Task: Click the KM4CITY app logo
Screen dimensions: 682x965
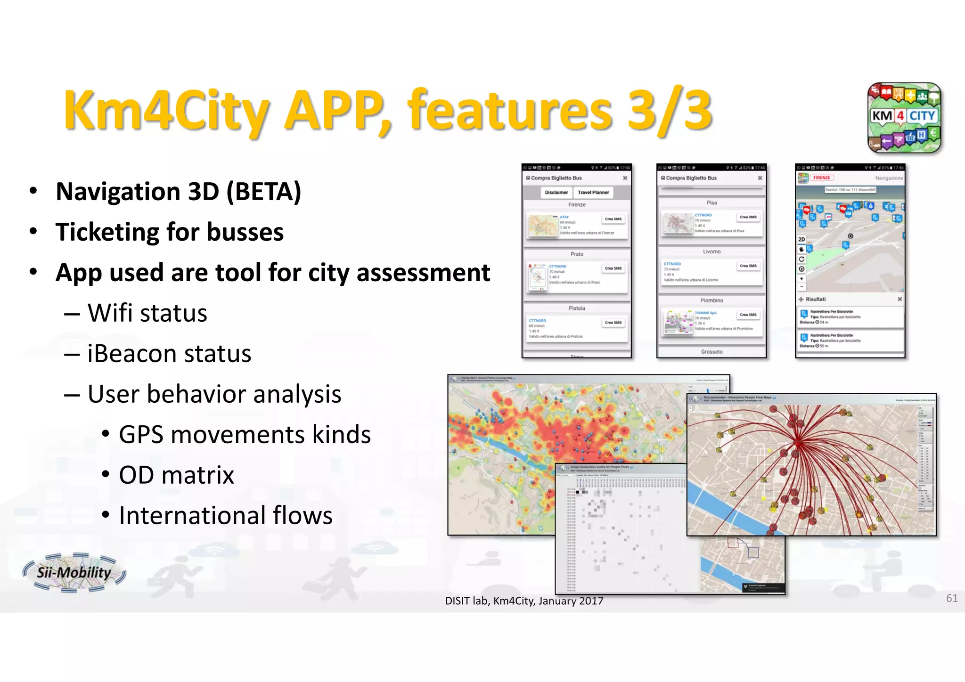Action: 904,118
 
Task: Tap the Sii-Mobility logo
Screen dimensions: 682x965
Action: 74,572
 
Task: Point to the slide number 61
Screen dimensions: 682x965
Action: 951,598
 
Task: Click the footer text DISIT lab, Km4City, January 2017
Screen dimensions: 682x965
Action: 524,601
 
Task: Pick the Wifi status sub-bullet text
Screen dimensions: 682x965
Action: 147,313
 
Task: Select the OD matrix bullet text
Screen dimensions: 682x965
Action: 176,475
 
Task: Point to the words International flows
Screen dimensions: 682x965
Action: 225,515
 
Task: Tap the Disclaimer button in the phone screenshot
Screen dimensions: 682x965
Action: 556,193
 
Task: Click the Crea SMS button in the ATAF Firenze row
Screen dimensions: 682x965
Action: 613,219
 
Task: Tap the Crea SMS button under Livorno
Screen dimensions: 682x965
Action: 748,266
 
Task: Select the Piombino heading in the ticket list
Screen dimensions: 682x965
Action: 711,300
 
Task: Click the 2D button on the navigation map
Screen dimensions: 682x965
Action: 801,239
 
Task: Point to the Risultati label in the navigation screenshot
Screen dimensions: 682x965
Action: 815,299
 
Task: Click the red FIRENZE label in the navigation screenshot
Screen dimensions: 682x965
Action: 822,178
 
